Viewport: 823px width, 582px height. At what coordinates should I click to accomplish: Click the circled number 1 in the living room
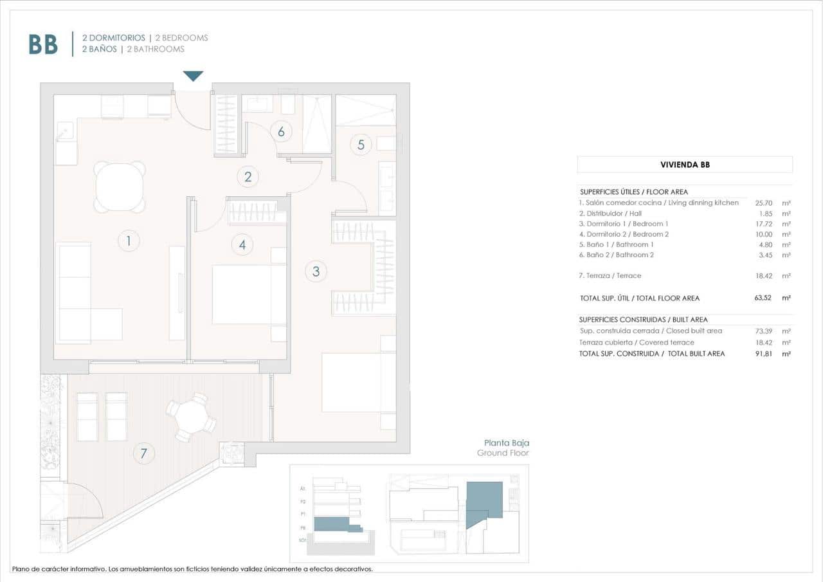coord(129,241)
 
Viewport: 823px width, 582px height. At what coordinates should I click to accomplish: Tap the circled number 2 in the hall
coord(247,176)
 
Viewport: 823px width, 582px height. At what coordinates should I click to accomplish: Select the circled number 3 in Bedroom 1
coord(316,271)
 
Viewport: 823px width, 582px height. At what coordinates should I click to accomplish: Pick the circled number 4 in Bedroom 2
coord(242,244)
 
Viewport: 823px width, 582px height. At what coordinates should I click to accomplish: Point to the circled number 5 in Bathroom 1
coord(361,145)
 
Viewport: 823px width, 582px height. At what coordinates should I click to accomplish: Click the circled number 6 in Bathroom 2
coord(281,131)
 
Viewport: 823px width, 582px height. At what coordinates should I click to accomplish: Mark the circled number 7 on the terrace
coord(143,453)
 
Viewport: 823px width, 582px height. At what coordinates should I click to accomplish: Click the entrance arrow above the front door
coord(193,76)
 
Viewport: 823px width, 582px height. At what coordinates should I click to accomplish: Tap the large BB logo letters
coord(43,44)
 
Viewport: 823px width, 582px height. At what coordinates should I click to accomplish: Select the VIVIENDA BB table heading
coord(685,165)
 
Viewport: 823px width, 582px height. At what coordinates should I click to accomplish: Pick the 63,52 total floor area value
coord(763,298)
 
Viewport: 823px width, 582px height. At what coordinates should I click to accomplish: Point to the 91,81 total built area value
coord(763,353)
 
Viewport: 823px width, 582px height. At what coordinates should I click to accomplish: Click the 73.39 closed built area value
coord(763,331)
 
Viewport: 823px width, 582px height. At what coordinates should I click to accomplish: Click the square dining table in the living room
coord(120,187)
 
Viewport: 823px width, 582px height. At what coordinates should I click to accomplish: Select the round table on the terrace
coord(192,418)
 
